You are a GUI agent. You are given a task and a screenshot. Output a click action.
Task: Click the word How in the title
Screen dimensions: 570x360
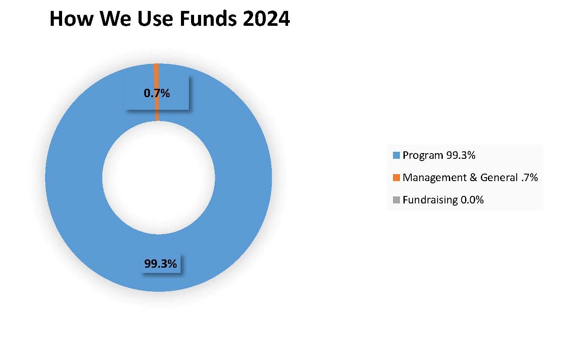click(x=72, y=18)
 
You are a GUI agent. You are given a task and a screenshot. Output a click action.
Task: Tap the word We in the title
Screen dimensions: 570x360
click(x=115, y=18)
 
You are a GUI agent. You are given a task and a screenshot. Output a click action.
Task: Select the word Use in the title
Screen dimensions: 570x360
click(x=155, y=18)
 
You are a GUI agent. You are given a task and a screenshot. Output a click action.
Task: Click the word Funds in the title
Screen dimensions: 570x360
click(x=208, y=18)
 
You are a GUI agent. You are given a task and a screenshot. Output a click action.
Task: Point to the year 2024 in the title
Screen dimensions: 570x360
click(x=266, y=18)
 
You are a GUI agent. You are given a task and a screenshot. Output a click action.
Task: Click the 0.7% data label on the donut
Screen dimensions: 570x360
click(x=157, y=93)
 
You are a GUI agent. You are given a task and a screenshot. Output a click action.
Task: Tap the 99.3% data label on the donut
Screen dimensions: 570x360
click(x=160, y=264)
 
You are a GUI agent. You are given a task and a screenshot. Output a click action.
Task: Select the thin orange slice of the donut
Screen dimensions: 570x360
click(x=157, y=92)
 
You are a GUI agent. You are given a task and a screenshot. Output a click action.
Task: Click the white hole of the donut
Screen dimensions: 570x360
click(x=159, y=178)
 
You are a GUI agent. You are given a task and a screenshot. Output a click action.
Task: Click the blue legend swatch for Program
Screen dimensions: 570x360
click(x=396, y=155)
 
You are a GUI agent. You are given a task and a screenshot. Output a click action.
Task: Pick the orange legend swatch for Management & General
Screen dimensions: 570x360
click(x=396, y=178)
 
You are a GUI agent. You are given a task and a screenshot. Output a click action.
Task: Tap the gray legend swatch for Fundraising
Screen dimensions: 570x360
click(x=396, y=200)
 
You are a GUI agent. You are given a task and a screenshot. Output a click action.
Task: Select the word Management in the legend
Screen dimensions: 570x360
click(x=434, y=178)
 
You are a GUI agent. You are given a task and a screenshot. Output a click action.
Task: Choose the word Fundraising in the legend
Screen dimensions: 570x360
click(x=430, y=200)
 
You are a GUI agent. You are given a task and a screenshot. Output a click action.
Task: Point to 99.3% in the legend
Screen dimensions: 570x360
click(x=461, y=155)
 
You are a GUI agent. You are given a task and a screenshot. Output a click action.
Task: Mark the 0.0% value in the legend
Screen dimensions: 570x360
click(x=472, y=200)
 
